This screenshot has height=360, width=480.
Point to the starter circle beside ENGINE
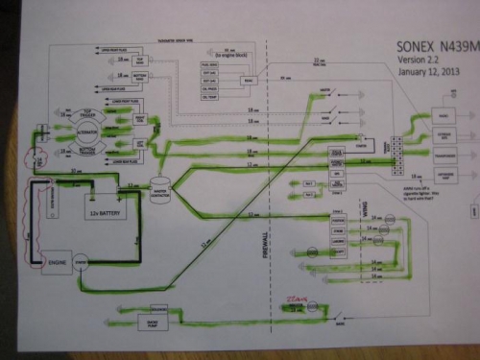82,257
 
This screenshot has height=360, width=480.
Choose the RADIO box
444,115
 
